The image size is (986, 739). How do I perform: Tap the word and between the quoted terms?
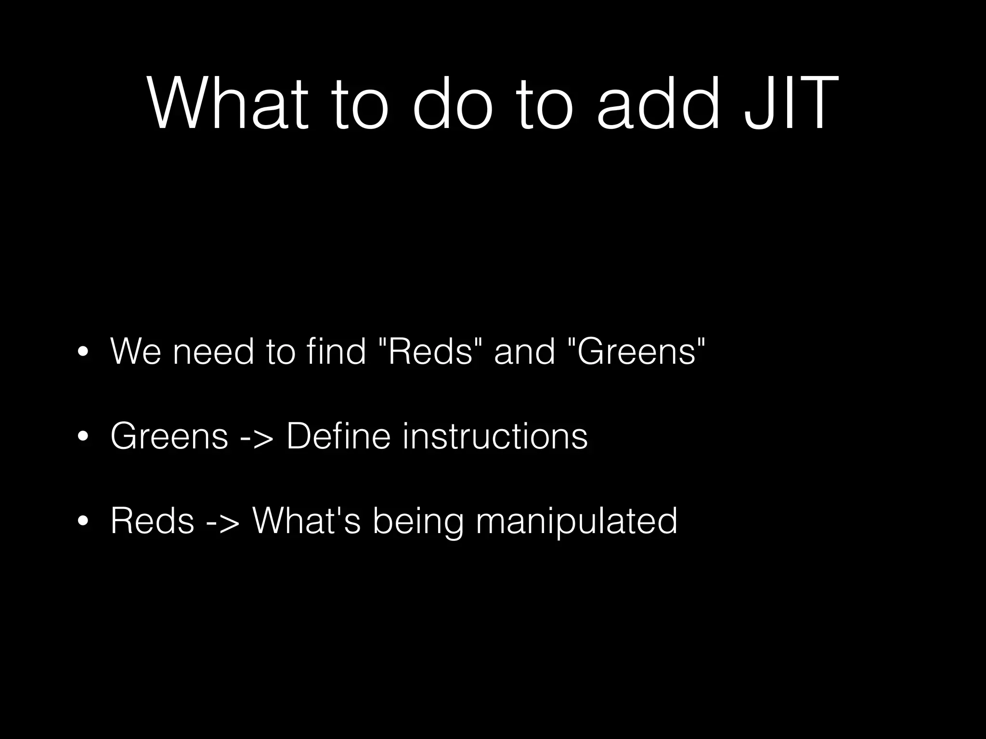tap(524, 351)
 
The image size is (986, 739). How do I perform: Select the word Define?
tap(338, 436)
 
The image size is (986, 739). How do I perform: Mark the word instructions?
tap(495, 436)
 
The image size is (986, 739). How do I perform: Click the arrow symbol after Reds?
tap(223, 521)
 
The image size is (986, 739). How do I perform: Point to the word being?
tap(418, 521)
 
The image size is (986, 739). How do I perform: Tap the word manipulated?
tap(576, 521)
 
